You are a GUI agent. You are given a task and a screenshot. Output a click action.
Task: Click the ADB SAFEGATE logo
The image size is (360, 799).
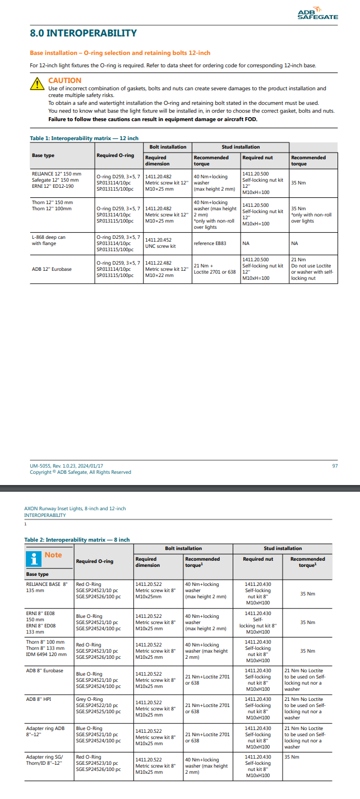(x=317, y=14)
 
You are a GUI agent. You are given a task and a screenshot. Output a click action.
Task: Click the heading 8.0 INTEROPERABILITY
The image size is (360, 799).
(x=83, y=34)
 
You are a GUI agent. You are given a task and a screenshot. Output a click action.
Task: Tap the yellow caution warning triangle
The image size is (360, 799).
(x=37, y=84)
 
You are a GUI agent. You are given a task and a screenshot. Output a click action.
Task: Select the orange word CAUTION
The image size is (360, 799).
(x=64, y=81)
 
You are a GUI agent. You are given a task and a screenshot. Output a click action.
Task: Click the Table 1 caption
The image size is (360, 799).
(x=84, y=138)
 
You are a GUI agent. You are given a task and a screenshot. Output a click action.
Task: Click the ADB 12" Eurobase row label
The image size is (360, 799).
(x=52, y=269)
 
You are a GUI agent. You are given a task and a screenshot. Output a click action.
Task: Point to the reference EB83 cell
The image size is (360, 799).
(x=210, y=243)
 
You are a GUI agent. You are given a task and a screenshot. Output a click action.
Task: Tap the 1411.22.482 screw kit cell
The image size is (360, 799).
(x=167, y=269)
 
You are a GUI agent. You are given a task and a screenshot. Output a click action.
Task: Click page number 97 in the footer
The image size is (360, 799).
(x=335, y=465)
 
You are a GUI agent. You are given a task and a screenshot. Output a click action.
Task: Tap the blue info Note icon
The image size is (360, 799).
(x=35, y=558)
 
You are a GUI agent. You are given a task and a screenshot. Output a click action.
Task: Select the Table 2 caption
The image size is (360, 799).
(x=77, y=539)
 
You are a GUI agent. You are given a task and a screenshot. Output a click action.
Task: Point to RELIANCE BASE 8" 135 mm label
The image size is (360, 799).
(x=47, y=586)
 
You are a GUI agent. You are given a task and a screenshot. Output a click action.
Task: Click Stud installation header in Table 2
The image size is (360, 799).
(x=283, y=548)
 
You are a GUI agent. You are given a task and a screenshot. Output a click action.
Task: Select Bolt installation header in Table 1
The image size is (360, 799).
(x=168, y=147)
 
